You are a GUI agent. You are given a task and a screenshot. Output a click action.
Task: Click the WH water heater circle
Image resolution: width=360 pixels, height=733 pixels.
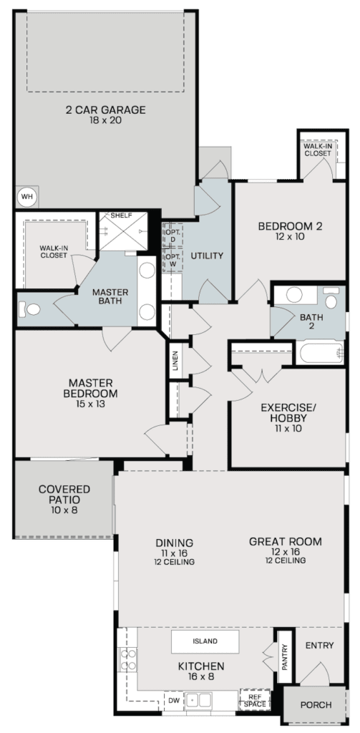click(26, 195)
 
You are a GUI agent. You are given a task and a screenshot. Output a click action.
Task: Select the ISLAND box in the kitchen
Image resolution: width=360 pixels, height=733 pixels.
click(205, 641)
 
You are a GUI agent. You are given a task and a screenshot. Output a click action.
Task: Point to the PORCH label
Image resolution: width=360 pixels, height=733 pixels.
click(315, 705)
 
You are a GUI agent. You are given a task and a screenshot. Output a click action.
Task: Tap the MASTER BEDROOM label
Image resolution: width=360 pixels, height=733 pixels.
click(93, 387)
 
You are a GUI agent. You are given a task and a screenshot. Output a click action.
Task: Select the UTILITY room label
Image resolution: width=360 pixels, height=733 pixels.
click(206, 256)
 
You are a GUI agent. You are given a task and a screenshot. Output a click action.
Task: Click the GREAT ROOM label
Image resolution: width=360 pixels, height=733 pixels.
click(285, 546)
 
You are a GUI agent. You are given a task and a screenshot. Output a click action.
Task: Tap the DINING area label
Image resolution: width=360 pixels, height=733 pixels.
click(175, 547)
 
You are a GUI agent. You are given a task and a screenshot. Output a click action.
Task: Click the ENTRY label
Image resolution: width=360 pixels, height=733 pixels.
click(319, 646)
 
